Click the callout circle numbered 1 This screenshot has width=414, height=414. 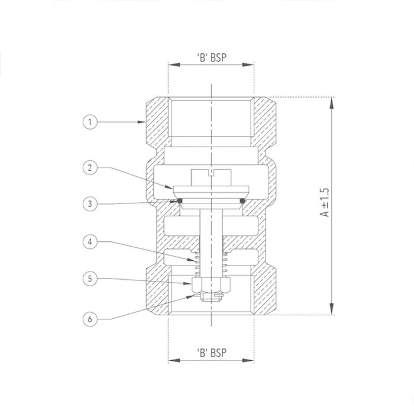89,122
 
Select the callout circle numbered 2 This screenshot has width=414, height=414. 89,167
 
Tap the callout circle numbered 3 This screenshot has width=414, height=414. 89,204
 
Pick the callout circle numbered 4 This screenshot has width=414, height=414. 89,241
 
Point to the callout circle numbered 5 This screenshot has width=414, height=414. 89,278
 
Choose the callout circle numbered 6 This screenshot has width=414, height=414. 89,319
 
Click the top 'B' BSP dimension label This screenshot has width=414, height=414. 212,58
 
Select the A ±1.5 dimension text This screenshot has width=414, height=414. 325,203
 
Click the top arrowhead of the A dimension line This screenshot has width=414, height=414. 330,101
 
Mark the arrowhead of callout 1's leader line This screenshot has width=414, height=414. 143,122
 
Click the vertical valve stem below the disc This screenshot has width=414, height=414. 211,237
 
